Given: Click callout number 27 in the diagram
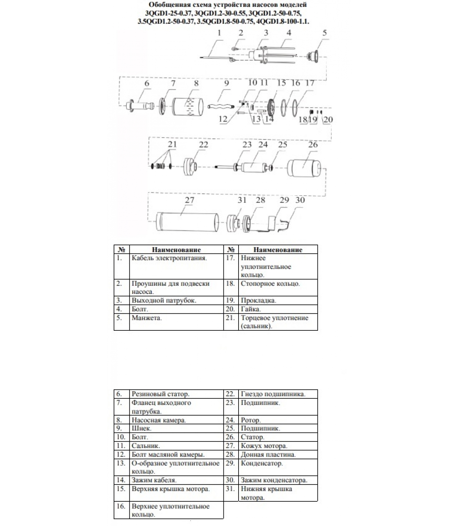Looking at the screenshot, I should point(190,200).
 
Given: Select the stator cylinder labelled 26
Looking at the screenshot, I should point(304,168).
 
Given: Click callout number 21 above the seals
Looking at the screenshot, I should point(172,144).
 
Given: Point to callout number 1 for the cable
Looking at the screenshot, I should point(219,33).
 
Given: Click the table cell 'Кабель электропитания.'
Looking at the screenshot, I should point(169,258).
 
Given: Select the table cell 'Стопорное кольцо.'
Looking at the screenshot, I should point(270,283).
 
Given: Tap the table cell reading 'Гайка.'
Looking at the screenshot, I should point(251,309).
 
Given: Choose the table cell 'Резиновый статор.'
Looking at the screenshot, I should point(160,394).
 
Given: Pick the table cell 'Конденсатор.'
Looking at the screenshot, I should point(262,463).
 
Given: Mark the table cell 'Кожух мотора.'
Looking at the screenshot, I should point(264,446).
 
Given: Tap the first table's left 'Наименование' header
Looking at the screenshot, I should point(176,250).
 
